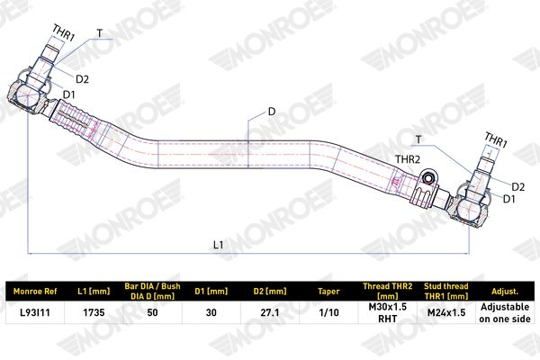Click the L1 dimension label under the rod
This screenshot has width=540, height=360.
[219, 245]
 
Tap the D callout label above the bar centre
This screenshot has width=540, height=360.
[272, 112]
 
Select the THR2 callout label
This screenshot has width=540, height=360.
[408, 159]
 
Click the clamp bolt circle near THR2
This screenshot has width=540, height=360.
[428, 178]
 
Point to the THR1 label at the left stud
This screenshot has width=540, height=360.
[64, 33]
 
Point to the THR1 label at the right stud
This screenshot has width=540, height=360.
[496, 139]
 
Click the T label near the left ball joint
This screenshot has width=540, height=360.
[100, 33]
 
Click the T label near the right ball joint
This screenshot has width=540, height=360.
[418, 139]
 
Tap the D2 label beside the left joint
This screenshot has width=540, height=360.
[82, 79]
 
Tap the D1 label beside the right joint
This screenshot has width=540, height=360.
[509, 199]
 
